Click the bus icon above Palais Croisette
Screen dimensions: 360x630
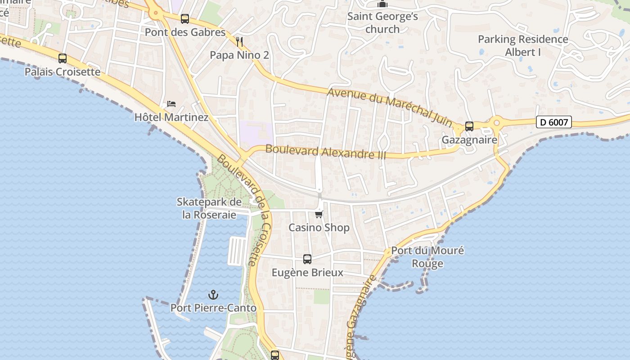tap(63, 58)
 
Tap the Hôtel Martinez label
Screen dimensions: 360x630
tap(171, 117)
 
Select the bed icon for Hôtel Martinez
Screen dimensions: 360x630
tap(171, 104)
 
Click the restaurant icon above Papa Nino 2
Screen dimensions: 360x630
tap(239, 42)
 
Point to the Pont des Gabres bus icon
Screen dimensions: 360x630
tap(185, 19)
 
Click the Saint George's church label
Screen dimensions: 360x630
tap(382, 23)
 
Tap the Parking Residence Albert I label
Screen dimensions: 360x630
tap(523, 45)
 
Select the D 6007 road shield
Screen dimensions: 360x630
tap(553, 122)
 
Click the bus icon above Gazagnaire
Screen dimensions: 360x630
tap(469, 126)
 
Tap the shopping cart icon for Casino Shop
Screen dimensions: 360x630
tap(319, 214)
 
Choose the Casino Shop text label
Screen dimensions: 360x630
tap(319, 228)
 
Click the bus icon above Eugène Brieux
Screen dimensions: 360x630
tap(307, 259)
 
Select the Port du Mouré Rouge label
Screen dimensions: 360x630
tap(427, 257)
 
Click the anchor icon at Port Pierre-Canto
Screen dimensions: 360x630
tap(213, 295)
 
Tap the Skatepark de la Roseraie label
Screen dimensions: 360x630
tap(209, 208)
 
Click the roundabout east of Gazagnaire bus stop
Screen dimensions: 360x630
tap(497, 122)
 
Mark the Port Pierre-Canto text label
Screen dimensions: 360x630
tap(213, 308)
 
